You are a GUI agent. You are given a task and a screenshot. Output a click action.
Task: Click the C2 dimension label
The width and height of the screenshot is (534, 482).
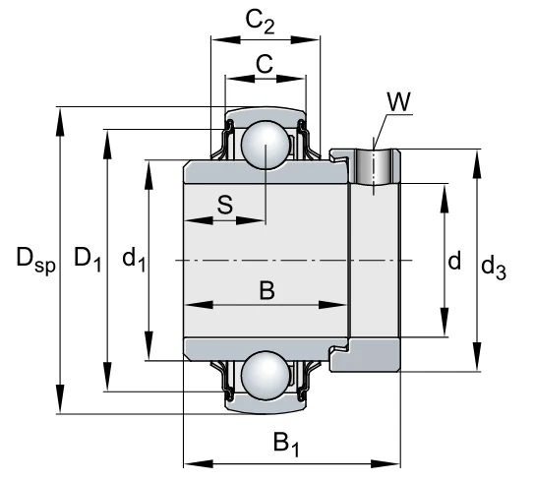(x=260, y=23)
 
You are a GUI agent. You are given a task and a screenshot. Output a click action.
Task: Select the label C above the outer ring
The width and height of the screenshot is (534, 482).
(x=265, y=64)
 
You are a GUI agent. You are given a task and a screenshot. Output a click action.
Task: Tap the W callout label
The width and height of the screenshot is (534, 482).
(x=399, y=101)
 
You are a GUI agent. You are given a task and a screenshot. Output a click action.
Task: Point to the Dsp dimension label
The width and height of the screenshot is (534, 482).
(x=35, y=261)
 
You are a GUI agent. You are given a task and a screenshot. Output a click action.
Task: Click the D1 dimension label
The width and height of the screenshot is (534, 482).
(x=88, y=260)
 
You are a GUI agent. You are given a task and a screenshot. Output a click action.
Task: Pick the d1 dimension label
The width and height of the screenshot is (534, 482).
(x=134, y=260)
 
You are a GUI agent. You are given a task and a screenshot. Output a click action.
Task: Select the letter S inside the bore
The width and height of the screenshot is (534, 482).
(x=225, y=205)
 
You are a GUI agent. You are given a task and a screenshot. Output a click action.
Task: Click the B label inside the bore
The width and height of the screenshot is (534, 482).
(x=267, y=290)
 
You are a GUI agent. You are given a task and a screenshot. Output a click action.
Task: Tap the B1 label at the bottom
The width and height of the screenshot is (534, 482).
(x=286, y=444)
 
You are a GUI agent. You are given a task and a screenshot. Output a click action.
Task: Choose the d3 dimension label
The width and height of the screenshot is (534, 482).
(x=494, y=268)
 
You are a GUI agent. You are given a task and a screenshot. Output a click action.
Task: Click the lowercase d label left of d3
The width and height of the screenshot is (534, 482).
(x=454, y=261)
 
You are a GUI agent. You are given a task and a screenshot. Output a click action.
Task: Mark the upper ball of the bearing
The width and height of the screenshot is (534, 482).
(x=266, y=145)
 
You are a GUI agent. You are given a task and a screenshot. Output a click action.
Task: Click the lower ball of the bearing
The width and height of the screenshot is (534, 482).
(x=266, y=375)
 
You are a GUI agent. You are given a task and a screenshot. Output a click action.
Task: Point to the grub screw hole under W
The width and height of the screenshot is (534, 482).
(x=374, y=166)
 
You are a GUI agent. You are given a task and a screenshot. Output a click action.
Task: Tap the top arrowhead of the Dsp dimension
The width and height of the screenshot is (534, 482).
(x=60, y=122)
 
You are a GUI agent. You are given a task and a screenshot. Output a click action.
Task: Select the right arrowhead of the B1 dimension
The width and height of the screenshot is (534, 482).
(x=386, y=464)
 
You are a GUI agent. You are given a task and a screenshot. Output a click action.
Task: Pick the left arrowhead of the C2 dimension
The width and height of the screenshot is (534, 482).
(x=226, y=40)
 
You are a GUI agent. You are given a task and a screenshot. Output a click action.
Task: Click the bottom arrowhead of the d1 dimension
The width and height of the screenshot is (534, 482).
(x=148, y=345)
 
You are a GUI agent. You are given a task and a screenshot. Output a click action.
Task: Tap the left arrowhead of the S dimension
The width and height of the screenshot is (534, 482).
(x=199, y=220)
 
